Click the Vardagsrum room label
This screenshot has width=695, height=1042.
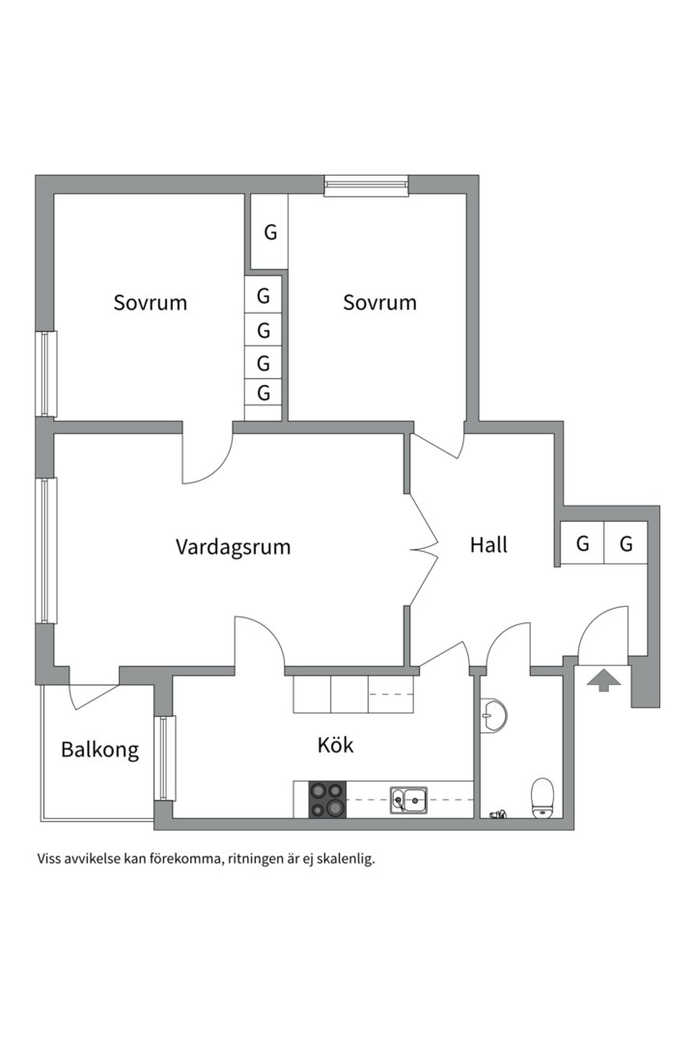233,548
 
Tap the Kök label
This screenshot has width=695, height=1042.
335,745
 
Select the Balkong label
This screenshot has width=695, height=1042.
99,751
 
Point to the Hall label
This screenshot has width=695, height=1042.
488,545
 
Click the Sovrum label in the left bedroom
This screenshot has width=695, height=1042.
151,302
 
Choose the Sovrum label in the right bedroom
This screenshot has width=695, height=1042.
379,302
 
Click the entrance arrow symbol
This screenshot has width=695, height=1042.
604,680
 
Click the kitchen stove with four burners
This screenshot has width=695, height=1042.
328,800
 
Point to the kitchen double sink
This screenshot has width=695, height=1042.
409,800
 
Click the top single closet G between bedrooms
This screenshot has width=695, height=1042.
269,232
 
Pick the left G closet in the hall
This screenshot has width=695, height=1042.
583,543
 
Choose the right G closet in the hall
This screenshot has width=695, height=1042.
625,543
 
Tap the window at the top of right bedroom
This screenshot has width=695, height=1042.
366,185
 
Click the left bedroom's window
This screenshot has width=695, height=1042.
46,374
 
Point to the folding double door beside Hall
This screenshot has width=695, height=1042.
423,550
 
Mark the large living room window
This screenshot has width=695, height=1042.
46,550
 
